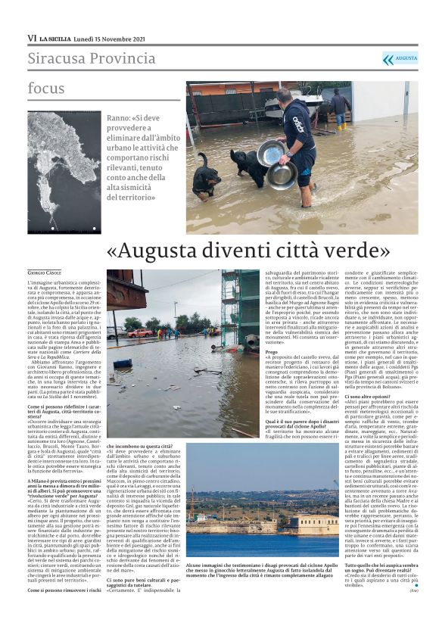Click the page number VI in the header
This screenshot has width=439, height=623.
[x=33, y=37]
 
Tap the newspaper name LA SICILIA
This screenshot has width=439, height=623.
[x=57, y=37]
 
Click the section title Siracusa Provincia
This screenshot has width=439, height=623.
[x=92, y=58]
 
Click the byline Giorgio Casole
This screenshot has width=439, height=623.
[x=46, y=272]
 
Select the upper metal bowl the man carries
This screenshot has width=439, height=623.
[x=270, y=153]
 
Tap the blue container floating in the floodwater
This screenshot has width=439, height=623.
[x=121, y=363]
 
